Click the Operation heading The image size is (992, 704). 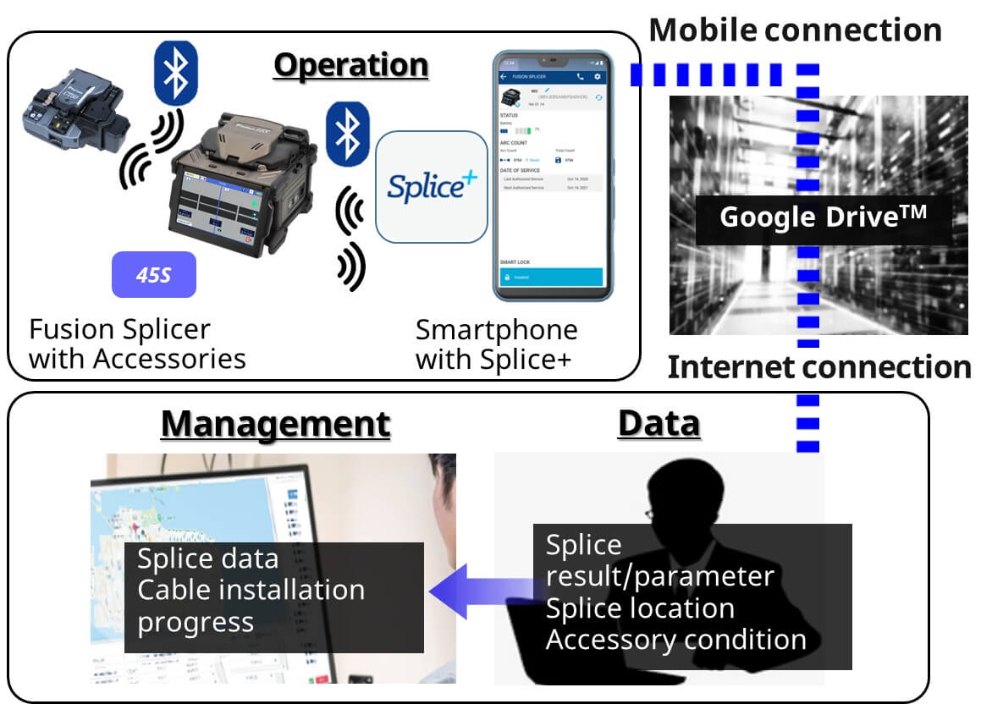[350, 65]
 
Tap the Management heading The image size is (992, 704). [276, 423]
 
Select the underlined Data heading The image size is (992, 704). [659, 423]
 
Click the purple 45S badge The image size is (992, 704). [154, 275]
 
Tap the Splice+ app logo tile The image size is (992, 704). [432, 187]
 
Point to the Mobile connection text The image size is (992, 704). [795, 30]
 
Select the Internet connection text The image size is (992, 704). [818, 367]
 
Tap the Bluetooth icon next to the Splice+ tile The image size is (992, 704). [347, 133]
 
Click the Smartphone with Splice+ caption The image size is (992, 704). [497, 344]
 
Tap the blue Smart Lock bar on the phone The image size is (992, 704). [551, 277]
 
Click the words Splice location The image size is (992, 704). [640, 608]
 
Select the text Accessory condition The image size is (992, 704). [675, 640]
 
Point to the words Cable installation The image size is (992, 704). [251, 589]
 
